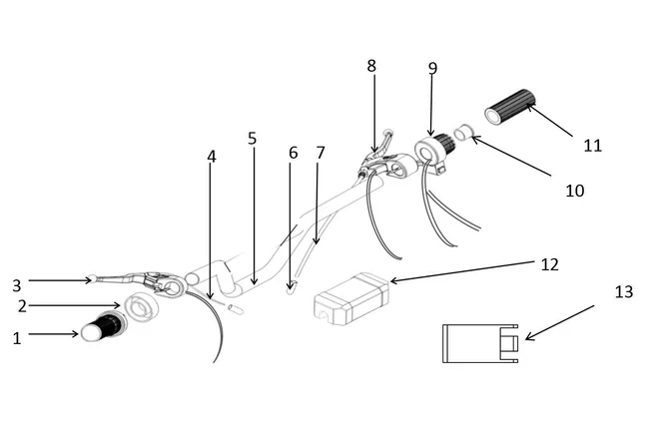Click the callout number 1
pyautogui.click(x=17, y=337)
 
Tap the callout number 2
pyautogui.click(x=22, y=306)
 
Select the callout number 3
pyautogui.click(x=16, y=285)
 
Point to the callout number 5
pyautogui.click(x=252, y=138)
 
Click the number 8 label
pyautogui.click(x=371, y=66)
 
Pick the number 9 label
pyautogui.click(x=432, y=68)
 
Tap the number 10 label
pyautogui.click(x=575, y=191)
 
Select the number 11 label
pyautogui.click(x=592, y=146)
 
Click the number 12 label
pyautogui.click(x=550, y=264)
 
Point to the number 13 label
pyautogui.click(x=624, y=291)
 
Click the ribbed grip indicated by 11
pyautogui.click(x=510, y=107)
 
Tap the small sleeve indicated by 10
pyautogui.click(x=464, y=133)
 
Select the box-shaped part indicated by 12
pyautogui.click(x=351, y=299)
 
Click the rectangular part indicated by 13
pyautogui.click(x=480, y=343)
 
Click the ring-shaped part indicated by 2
pyautogui.click(x=140, y=307)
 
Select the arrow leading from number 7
pyautogui.click(x=317, y=204)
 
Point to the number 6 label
pyautogui.click(x=293, y=154)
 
